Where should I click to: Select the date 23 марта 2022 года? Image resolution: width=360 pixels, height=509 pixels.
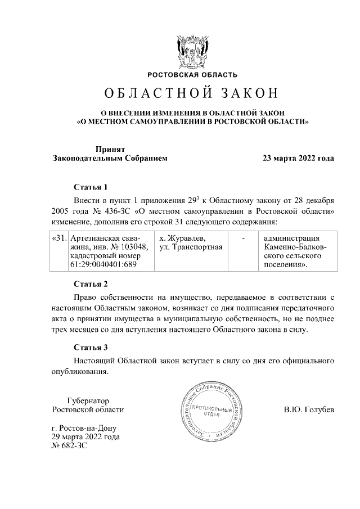(x=298, y=159)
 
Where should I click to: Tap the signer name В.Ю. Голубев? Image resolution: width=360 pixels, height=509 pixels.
(x=309, y=410)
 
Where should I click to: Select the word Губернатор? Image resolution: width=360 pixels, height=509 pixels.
(x=87, y=400)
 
